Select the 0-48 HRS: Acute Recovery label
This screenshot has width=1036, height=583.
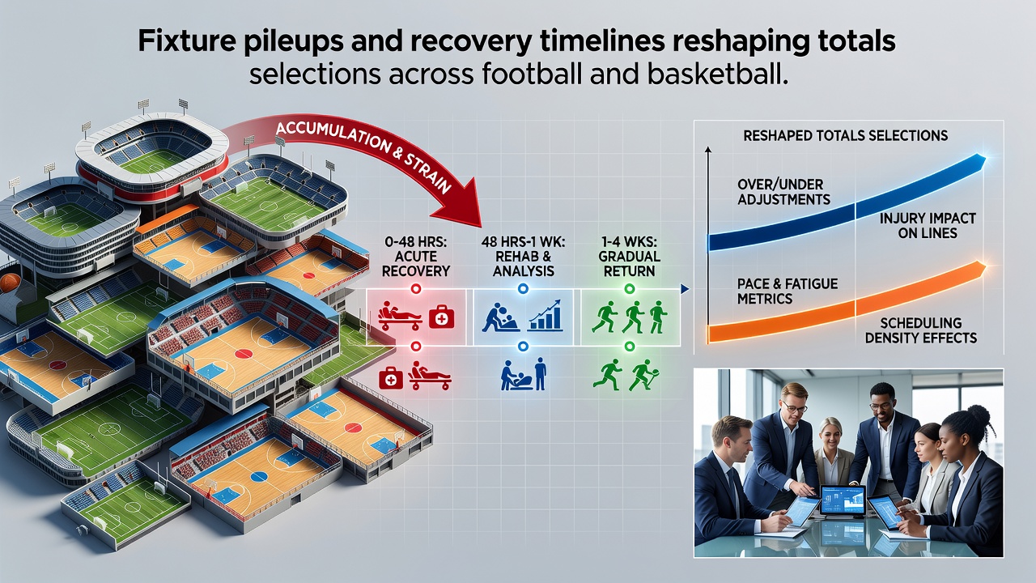pyautogui.click(x=415, y=257)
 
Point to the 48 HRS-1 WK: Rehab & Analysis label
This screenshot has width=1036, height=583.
pyautogui.click(x=523, y=257)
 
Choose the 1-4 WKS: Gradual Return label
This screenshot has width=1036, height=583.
pyautogui.click(x=629, y=257)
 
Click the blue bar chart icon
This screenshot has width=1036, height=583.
pyautogui.click(x=546, y=315)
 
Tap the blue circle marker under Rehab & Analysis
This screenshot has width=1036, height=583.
pyautogui.click(x=523, y=289)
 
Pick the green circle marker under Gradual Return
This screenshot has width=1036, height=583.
pyautogui.click(x=629, y=289)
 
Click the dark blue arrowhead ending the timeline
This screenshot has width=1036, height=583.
pyautogui.click(x=685, y=289)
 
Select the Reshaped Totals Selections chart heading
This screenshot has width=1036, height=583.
pyautogui.click(x=846, y=135)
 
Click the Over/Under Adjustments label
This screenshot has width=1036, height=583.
pyautogui.click(x=783, y=192)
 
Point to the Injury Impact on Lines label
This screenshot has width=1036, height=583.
pyautogui.click(x=928, y=225)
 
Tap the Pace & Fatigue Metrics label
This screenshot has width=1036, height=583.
pyautogui.click(x=788, y=291)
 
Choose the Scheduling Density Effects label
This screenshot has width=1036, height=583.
pyautogui.click(x=921, y=330)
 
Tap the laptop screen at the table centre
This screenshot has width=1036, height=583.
pyautogui.click(x=843, y=500)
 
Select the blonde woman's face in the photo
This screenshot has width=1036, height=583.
pyautogui.click(x=830, y=435)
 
